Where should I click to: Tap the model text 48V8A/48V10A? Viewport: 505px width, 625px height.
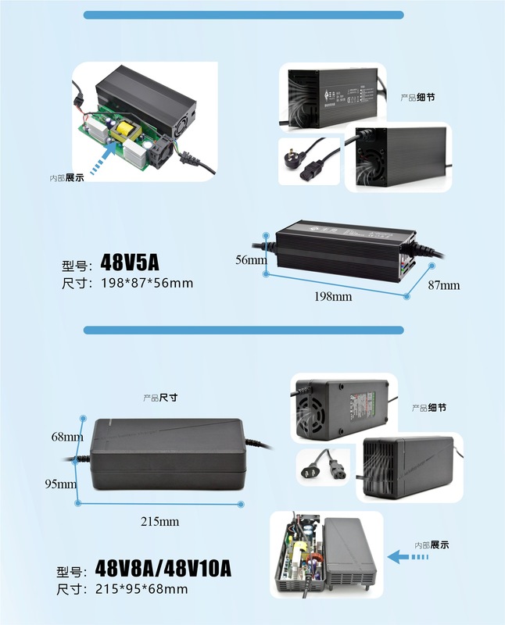click(x=163, y=568)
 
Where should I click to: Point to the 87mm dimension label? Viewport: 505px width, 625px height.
click(x=444, y=286)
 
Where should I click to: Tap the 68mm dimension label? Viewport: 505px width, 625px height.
click(x=67, y=436)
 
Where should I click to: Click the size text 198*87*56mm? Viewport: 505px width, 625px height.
click(x=146, y=283)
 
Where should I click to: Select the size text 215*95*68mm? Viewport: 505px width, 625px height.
click(x=141, y=588)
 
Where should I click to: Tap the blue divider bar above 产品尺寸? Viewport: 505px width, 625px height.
click(x=243, y=330)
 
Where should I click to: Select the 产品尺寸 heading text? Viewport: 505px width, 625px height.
click(x=160, y=398)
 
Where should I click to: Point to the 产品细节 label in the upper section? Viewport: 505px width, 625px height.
click(x=417, y=98)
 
